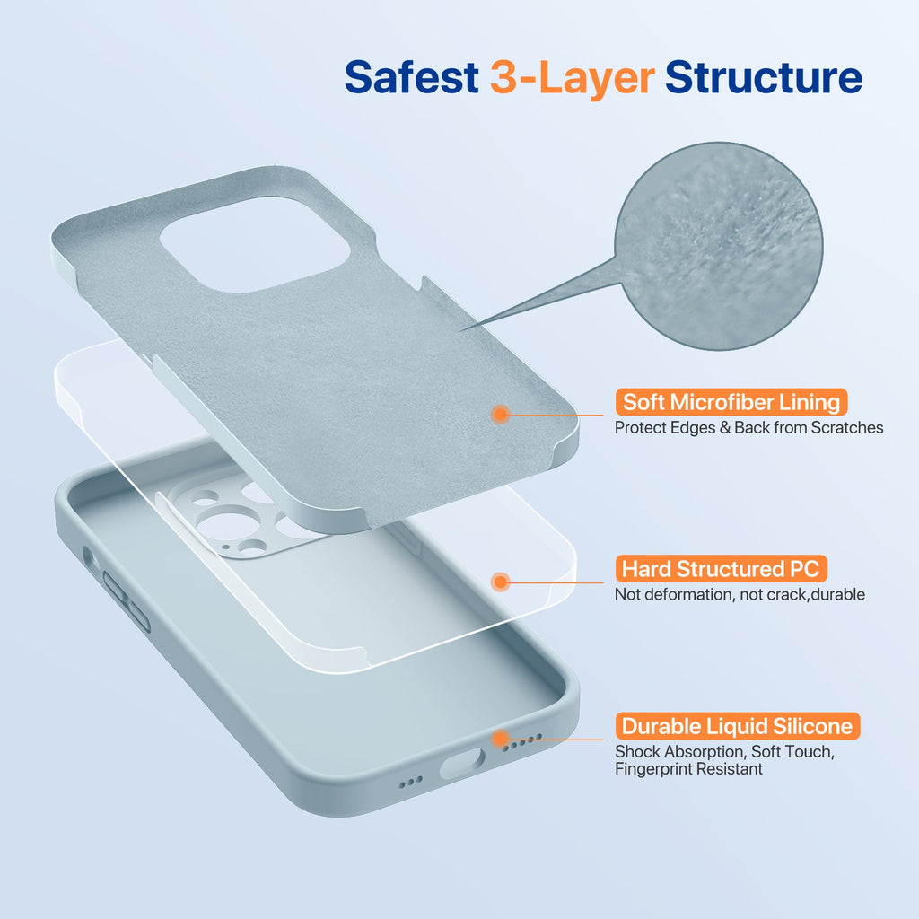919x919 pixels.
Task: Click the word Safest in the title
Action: pyautogui.click(x=410, y=78)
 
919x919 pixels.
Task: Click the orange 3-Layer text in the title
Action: pyautogui.click(x=571, y=78)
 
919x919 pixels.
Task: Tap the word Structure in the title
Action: pyautogui.click(x=763, y=78)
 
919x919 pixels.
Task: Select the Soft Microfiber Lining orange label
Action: pyautogui.click(x=731, y=401)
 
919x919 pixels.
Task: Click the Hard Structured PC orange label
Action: pyautogui.click(x=721, y=569)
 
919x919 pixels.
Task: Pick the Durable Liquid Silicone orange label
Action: pyautogui.click(x=738, y=726)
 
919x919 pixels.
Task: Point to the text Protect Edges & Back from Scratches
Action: pyautogui.click(x=748, y=428)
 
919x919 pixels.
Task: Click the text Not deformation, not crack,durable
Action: pyautogui.click(x=740, y=594)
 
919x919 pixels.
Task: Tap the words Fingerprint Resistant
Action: pyautogui.click(x=688, y=769)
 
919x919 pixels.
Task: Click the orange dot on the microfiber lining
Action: pyautogui.click(x=501, y=414)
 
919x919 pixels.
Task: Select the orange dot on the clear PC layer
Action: pyautogui.click(x=501, y=582)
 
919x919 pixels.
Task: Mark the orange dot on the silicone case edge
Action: pyautogui.click(x=501, y=739)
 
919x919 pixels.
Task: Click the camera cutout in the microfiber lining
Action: pyautogui.click(x=254, y=244)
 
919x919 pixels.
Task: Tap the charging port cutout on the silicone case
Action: pyautogui.click(x=462, y=762)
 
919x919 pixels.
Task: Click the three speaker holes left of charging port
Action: pyautogui.click(x=410, y=783)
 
